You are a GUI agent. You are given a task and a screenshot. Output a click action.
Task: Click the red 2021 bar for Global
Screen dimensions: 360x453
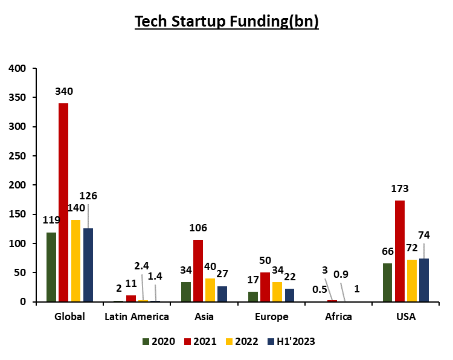tap(63, 202)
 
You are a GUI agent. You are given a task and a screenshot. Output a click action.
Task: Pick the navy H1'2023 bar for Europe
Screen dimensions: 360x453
tap(290, 295)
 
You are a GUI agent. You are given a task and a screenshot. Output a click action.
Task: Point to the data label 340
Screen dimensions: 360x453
tap(63, 92)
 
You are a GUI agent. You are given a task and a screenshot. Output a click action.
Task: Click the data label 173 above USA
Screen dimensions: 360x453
tap(399, 188)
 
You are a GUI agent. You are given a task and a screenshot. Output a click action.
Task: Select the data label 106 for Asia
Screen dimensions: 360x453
tap(198, 228)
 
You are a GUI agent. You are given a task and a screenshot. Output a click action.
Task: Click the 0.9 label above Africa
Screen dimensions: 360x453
tap(341, 274)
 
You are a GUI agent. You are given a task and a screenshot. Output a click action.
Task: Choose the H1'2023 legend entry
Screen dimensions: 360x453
tap(293, 341)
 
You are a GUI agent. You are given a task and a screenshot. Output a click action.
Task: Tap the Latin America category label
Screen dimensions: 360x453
tap(137, 317)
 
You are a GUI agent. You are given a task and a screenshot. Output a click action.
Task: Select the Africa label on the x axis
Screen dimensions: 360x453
tap(339, 317)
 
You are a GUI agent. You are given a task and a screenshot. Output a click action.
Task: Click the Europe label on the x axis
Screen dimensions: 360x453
tap(271, 317)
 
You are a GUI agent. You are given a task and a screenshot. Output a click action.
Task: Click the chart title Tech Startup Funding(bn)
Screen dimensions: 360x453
tap(226, 22)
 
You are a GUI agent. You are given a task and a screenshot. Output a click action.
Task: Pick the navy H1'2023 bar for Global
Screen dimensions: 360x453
tap(88, 265)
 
